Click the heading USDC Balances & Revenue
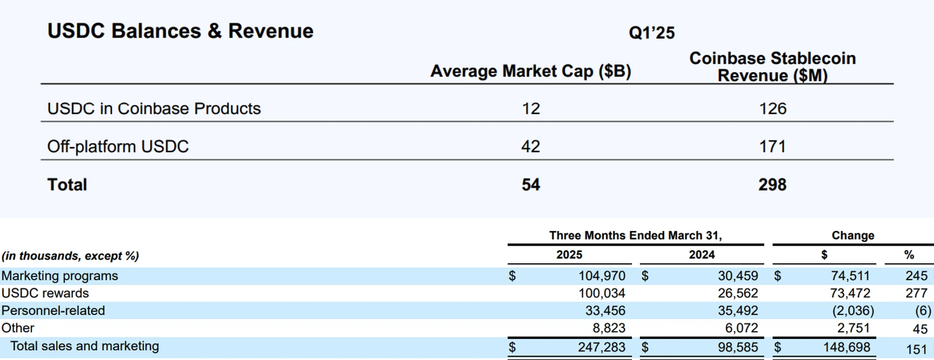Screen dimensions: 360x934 pos(180,31)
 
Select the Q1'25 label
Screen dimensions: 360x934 pos(651,33)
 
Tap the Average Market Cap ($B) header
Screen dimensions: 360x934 pos(530,72)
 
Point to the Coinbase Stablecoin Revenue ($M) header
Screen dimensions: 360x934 pos(772,67)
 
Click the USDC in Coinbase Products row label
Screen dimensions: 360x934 pos(154,109)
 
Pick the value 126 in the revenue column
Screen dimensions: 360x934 pos(772,109)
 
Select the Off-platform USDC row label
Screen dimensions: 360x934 pos(118,147)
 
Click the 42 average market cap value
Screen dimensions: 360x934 pos(530,147)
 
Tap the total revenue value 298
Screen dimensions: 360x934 pos(772,185)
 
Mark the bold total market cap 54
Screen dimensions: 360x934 pos(530,185)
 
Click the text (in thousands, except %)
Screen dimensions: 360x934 pos(70,256)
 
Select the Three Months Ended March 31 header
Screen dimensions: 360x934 pos(635,235)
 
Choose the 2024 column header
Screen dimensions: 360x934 pos(701,255)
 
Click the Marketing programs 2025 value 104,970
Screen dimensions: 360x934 pos(601,276)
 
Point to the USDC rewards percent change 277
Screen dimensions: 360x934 pos(916,293)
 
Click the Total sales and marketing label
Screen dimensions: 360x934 pos(84,346)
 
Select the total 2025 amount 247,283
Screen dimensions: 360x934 pos(601,347)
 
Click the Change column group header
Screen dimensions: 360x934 pos(852,235)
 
